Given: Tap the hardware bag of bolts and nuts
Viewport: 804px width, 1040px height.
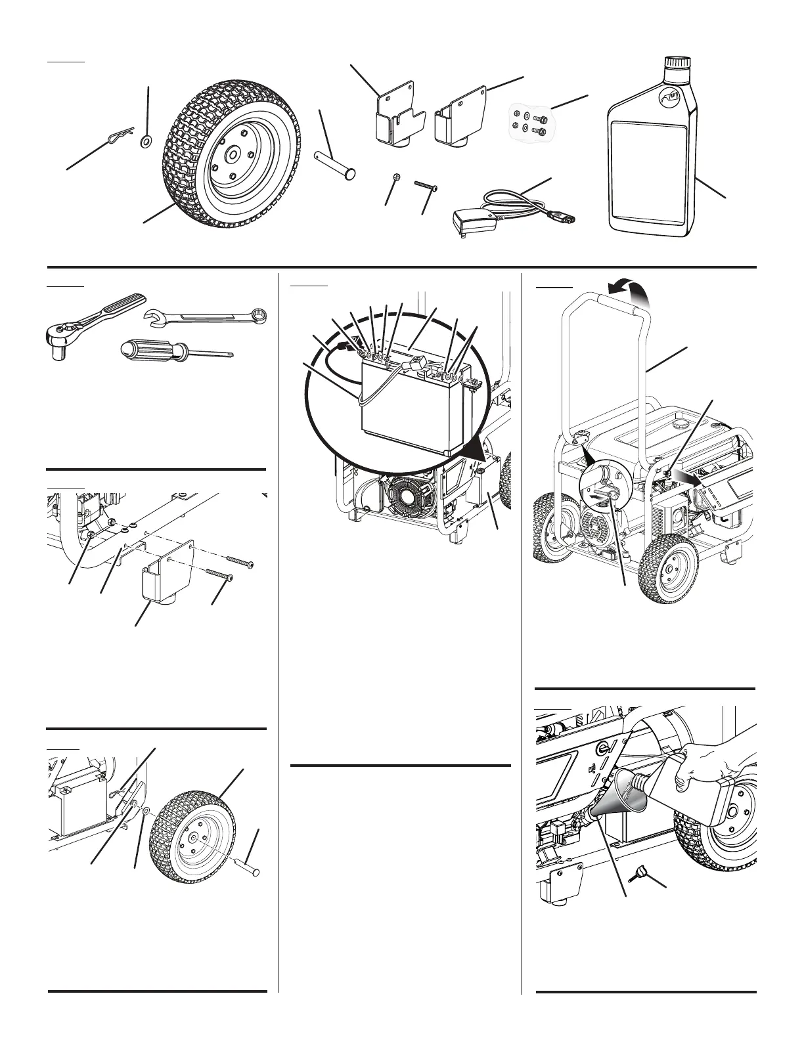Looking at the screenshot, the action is (x=528, y=121).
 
